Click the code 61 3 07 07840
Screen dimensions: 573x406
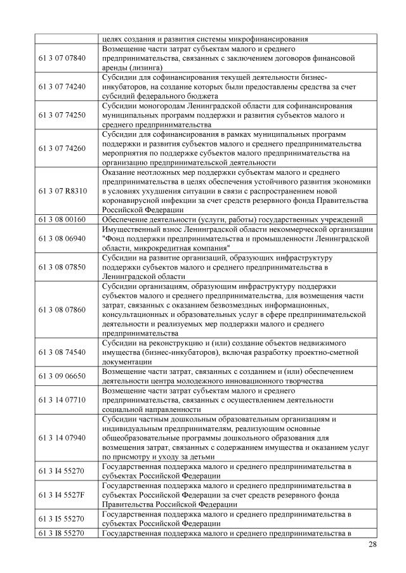pyautogui.click(x=62, y=58)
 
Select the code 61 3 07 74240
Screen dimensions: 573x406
pyautogui.click(x=62, y=86)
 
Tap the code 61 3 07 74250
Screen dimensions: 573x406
pyautogui.click(x=62, y=115)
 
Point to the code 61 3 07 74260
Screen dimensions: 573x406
pyautogui.click(x=62, y=148)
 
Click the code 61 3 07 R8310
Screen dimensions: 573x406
pyautogui.click(x=62, y=190)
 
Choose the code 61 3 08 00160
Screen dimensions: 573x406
pyautogui.click(x=62, y=219)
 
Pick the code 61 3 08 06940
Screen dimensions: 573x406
pyautogui.click(x=62, y=238)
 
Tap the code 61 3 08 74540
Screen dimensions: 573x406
pyautogui.click(x=62, y=352)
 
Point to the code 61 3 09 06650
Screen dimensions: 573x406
pyautogui.click(x=62, y=375)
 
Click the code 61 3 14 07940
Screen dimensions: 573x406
pyautogui.click(x=62, y=437)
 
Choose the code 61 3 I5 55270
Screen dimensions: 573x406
pyautogui.click(x=62, y=518)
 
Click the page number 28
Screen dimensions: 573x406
pyautogui.click(x=371, y=546)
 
